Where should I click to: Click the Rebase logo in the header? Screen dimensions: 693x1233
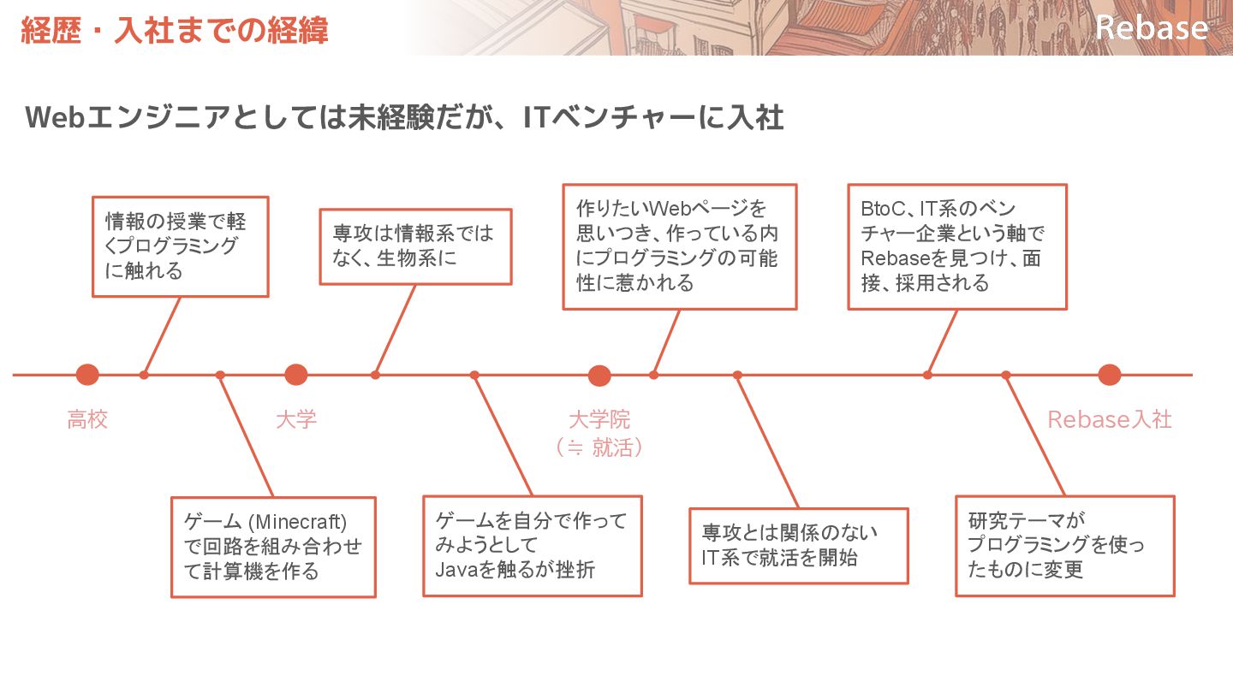tap(1152, 27)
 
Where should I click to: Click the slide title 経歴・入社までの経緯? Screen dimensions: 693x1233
tap(175, 31)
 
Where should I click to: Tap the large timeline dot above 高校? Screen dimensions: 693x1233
tap(87, 375)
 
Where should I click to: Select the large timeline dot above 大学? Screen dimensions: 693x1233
tap(295, 375)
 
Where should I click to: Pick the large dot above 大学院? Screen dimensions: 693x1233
tap(599, 376)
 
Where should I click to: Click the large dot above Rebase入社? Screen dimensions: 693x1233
tap(1109, 375)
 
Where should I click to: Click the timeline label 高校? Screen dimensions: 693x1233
tap(87, 420)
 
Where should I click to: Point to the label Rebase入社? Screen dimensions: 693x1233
tap(1109, 420)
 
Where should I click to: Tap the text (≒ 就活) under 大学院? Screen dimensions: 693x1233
tap(599, 447)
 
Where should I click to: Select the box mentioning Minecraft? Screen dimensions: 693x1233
tap(273, 547)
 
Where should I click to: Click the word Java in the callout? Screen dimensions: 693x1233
tap(454, 569)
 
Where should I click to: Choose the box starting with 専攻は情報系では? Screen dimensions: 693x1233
tap(415, 246)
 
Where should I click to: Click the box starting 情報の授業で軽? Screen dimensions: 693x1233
tap(180, 246)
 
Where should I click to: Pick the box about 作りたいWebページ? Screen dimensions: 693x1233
tap(679, 246)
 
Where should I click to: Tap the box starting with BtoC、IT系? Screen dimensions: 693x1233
tap(956, 246)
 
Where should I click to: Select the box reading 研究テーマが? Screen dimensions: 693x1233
tap(1064, 545)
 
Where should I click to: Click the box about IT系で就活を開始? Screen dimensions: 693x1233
tap(798, 546)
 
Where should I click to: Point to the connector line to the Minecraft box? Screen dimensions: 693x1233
tap(247, 435)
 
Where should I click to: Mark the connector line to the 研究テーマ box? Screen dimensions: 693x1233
tap(1035, 435)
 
